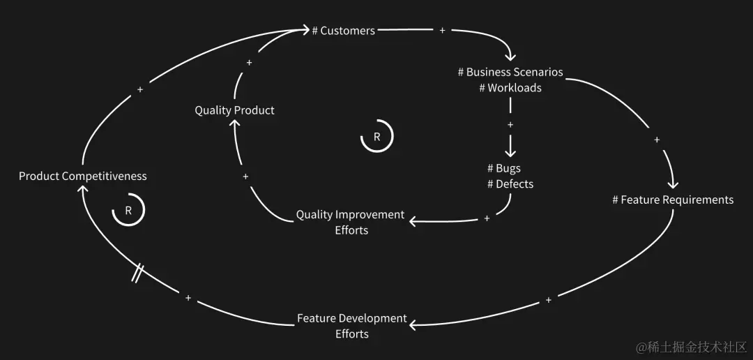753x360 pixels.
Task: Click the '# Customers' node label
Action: point(343,31)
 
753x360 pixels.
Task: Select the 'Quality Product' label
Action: point(234,110)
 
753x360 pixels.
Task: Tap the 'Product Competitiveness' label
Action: point(82,176)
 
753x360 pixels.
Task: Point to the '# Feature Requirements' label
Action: point(673,200)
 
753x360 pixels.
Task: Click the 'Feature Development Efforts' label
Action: point(351,326)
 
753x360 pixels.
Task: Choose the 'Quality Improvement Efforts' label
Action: point(350,222)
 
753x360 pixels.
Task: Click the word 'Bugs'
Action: point(508,168)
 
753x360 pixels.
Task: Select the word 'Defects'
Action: point(515,184)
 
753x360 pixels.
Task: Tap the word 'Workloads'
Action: point(515,88)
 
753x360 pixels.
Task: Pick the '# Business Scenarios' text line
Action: point(510,72)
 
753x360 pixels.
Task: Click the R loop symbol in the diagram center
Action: point(376,137)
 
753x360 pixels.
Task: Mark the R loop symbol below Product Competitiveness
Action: point(128,210)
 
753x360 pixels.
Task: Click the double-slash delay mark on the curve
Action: point(138,273)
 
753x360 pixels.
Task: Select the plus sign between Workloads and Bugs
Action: point(510,125)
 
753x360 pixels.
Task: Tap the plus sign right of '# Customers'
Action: point(443,31)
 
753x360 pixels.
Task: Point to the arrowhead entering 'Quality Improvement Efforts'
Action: point(413,221)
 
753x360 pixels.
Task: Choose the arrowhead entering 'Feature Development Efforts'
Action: point(414,325)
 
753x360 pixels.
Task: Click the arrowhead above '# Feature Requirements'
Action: point(673,184)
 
